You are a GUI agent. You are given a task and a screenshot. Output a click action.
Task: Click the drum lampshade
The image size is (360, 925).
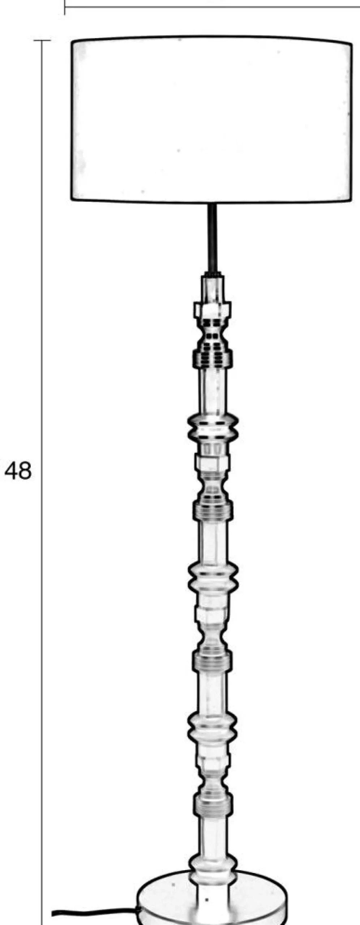(211, 120)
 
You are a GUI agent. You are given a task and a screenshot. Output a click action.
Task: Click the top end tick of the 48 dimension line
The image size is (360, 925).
(42, 41)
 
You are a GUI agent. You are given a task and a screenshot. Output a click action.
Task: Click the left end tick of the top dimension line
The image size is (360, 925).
(65, 7)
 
